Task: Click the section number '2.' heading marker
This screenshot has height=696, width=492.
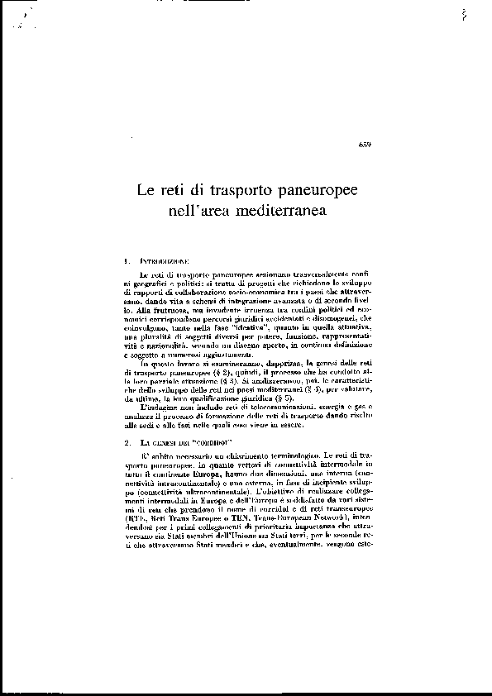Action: tap(124, 444)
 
